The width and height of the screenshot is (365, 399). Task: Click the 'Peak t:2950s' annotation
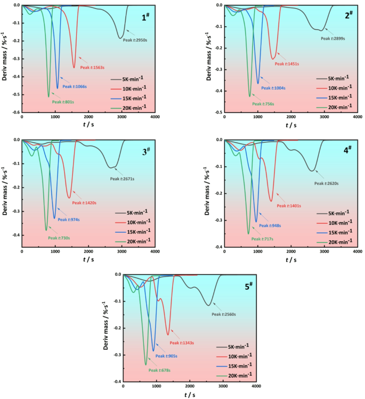tap(134, 39)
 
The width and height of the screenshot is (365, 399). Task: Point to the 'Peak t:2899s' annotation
tap(333, 38)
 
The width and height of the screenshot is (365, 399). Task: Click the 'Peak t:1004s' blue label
tap(273, 88)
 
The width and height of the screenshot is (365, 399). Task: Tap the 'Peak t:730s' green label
tap(59, 238)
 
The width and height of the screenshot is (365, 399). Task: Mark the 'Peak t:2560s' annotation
tap(224, 314)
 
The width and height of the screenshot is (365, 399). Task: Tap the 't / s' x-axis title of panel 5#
tap(190, 395)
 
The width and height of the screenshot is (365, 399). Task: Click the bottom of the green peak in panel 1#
tap(48, 97)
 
